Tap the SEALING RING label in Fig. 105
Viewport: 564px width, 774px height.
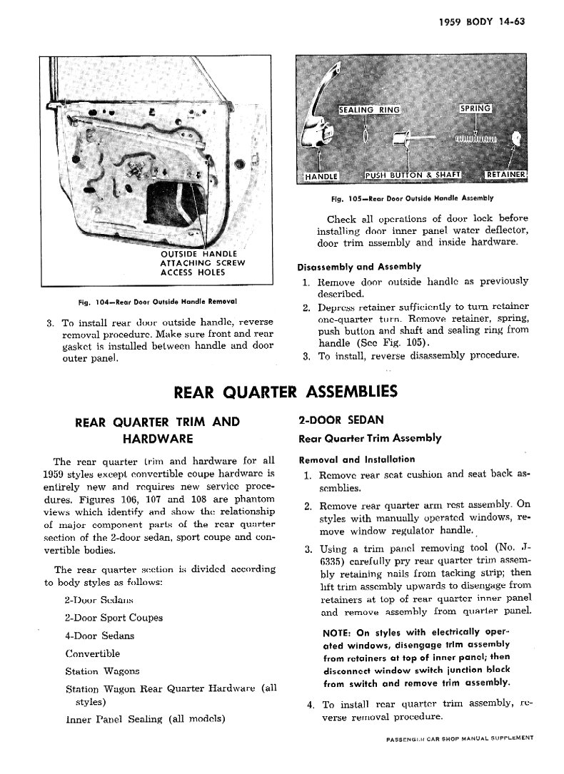pos(368,109)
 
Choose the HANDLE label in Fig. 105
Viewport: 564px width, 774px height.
pos(321,175)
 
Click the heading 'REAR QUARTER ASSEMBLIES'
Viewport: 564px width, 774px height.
pos(286,391)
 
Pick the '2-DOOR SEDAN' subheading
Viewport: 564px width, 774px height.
pos(331,420)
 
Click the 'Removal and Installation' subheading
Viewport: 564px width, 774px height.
pos(357,459)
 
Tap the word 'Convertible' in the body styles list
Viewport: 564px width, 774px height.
pos(92,653)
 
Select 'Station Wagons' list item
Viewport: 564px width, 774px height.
pos(102,671)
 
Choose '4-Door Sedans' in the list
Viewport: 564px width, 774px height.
pos(99,636)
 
